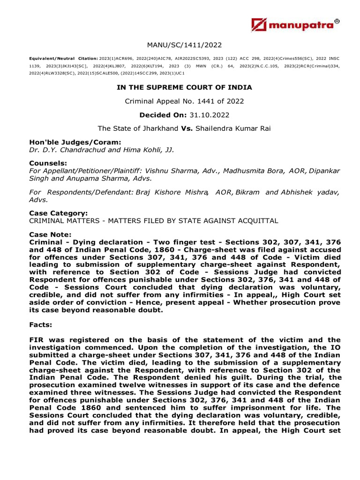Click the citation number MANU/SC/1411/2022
(x=184, y=45)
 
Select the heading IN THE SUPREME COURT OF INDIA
(x=184, y=87)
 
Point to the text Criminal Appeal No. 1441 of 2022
(x=184, y=101)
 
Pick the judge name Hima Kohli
(x=141, y=150)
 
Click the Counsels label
(x=46, y=164)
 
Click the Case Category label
(x=58, y=213)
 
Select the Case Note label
(x=50, y=234)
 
